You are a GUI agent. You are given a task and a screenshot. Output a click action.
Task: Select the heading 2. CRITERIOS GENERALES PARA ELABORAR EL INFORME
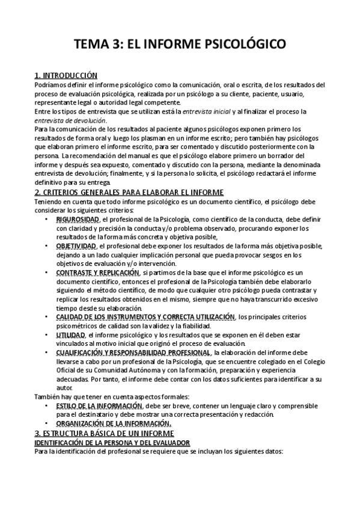pos(129,192)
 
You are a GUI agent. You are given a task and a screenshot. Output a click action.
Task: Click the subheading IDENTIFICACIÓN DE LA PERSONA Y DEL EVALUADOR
pos(112,442)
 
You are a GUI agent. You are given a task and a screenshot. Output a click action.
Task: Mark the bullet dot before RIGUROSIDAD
pos(47,221)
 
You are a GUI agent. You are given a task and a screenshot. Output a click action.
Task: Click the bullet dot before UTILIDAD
pos(47,334)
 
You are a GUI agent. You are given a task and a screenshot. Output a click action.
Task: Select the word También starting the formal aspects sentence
pos(47,396)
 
